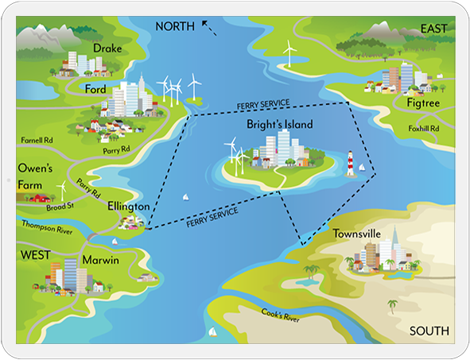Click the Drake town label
107,48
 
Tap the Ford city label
95,89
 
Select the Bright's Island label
280,124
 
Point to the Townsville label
357,234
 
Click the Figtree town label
423,103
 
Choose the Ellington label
129,207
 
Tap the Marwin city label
101,260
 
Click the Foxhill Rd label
424,129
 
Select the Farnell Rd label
37,140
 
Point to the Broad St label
60,207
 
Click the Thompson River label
47,227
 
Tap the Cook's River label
280,315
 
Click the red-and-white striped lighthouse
350,164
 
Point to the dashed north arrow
209,28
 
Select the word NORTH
175,26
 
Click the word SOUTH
429,331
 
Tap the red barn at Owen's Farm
41,198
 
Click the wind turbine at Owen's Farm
62,191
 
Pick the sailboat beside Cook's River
212,331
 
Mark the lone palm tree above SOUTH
392,307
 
